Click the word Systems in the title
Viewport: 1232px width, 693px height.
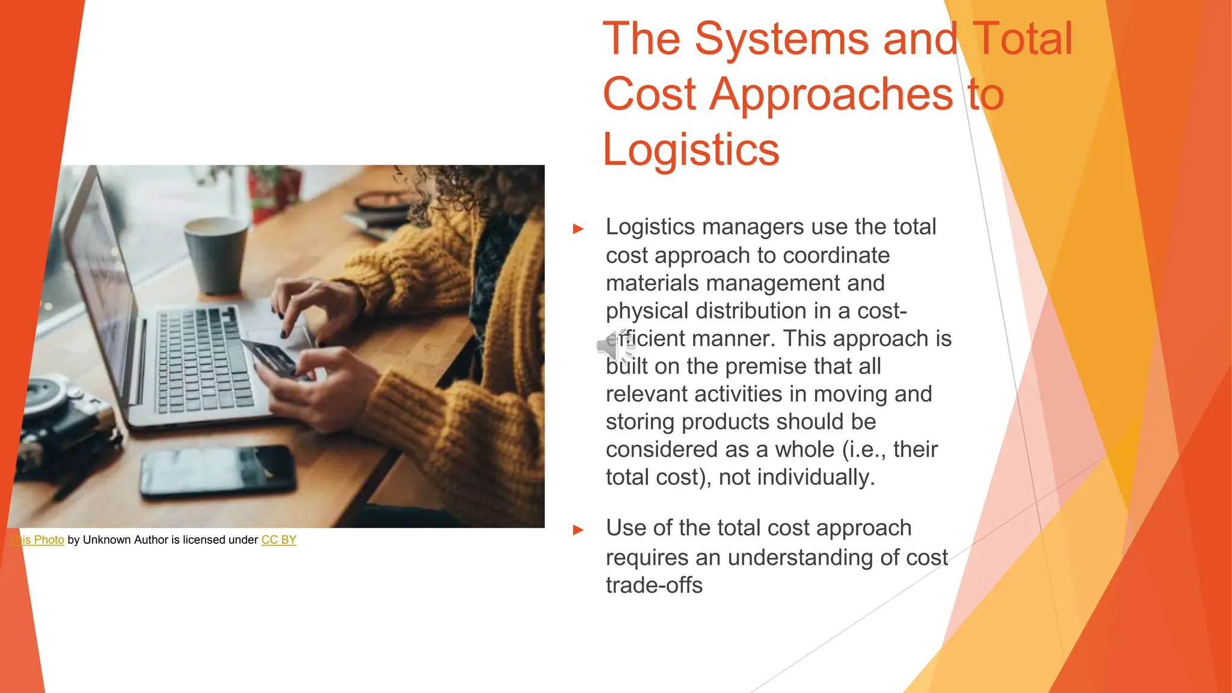pyautogui.click(x=782, y=39)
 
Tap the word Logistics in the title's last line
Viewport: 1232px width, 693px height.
pyautogui.click(x=691, y=149)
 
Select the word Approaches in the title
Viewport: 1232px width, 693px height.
pyautogui.click(x=831, y=94)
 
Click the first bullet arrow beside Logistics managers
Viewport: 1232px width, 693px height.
pyautogui.click(x=578, y=229)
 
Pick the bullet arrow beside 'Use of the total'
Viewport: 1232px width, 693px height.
pyautogui.click(x=578, y=529)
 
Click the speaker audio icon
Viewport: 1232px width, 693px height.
pyautogui.click(x=614, y=346)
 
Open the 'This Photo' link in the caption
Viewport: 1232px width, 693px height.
pyautogui.click(x=37, y=540)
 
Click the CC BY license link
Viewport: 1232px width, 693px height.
pyautogui.click(x=279, y=540)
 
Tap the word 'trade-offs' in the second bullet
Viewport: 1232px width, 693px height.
pyautogui.click(x=654, y=585)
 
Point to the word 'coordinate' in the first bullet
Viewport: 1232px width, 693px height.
pyautogui.click(x=836, y=256)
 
